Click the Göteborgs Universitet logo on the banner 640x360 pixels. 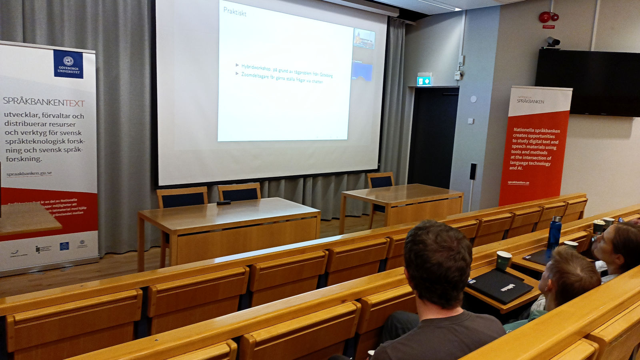(x=68, y=64)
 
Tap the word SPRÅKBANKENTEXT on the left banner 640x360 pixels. (x=44, y=102)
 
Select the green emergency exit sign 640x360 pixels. (x=424, y=81)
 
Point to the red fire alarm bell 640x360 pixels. (x=545, y=17)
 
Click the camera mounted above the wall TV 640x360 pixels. (x=553, y=42)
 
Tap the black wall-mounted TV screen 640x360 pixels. (x=588, y=82)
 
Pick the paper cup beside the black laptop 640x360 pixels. (x=504, y=260)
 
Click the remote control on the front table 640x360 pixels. (x=224, y=203)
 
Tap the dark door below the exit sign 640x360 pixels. (x=433, y=136)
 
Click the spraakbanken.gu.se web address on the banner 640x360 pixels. (x=29, y=174)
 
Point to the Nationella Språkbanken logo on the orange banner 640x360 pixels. (x=530, y=100)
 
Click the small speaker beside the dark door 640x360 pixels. (x=473, y=171)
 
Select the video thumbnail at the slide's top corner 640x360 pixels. (x=364, y=39)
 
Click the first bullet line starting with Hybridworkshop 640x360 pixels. (x=286, y=70)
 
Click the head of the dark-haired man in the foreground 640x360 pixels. (x=438, y=262)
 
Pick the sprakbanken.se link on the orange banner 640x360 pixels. (x=518, y=182)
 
